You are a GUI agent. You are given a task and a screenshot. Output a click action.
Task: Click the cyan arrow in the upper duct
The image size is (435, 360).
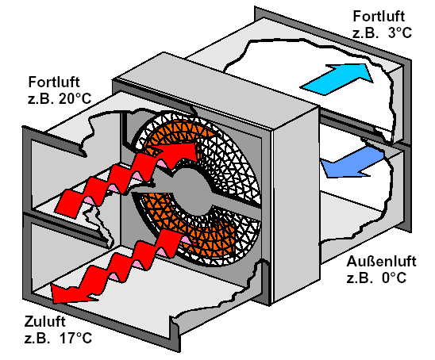tap(337, 79)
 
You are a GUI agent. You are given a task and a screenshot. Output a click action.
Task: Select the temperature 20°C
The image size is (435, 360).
tap(75, 98)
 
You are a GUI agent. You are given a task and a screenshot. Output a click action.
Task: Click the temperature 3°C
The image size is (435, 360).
tap(399, 33)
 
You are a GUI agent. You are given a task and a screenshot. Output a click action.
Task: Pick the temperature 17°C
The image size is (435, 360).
tap(75, 338)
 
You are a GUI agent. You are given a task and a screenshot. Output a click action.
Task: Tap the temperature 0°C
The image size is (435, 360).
tap(395, 278)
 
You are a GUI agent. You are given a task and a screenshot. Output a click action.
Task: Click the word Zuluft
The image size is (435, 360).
tap(44, 322)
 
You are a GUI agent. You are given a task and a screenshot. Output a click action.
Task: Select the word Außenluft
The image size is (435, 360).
tap(382, 262)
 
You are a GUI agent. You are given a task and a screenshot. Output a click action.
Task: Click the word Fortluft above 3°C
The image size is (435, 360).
tap(379, 16)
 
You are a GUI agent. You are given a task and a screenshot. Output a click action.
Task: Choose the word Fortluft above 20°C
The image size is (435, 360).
tap(54, 82)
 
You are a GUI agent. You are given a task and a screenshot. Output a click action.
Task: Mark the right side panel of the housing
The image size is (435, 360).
tap(295, 205)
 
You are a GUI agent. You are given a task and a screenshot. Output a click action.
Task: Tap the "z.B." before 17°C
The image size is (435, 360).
tap(36, 338)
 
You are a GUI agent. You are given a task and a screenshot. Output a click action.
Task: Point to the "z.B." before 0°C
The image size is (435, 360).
tap(360, 278)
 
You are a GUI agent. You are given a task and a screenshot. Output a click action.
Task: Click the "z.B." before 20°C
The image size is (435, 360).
tap(40, 98)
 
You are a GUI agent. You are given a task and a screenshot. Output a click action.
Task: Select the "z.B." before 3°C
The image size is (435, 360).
tap(365, 33)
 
